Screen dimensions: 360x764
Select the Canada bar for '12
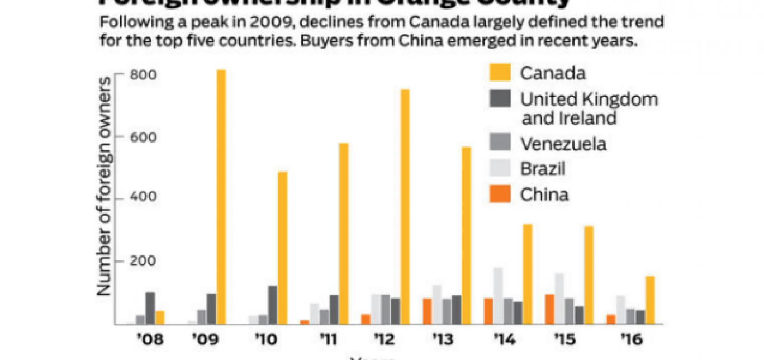[405, 207]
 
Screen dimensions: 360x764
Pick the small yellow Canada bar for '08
[160, 317]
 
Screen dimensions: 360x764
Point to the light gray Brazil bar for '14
[498, 296]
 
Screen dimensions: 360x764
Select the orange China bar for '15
[549, 309]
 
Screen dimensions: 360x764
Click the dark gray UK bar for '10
[273, 305]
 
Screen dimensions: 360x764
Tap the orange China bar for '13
[427, 311]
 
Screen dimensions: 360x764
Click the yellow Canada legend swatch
[500, 73]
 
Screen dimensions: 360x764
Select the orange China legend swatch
[500, 195]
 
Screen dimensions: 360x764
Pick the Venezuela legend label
[563, 144]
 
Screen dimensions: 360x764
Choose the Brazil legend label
[543, 169]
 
